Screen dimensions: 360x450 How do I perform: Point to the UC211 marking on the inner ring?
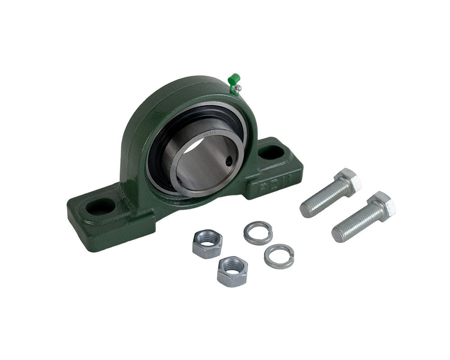point(210,133)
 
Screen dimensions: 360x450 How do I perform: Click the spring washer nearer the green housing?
point(257,232)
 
